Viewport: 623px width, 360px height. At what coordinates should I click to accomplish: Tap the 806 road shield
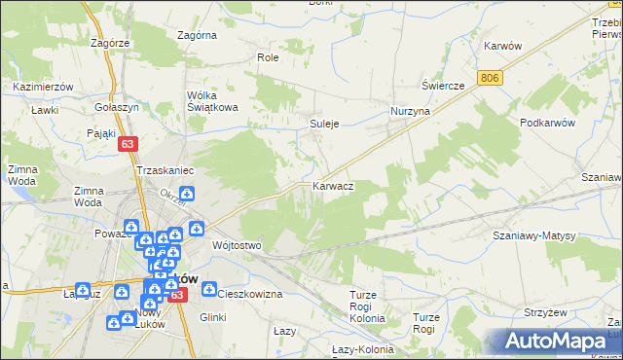490,75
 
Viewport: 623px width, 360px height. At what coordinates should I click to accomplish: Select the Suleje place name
324,125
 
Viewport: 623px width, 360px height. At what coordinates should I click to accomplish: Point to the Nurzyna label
411,112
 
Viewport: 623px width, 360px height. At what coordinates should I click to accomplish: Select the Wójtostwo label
238,245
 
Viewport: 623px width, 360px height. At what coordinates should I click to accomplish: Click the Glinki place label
212,317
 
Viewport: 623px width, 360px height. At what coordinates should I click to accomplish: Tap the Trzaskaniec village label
166,170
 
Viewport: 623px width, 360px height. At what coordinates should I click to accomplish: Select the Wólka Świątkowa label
213,101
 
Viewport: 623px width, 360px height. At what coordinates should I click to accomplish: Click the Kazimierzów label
44,87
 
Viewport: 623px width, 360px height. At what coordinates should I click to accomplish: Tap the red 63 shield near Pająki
128,143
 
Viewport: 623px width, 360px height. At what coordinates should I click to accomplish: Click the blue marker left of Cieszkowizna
208,289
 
